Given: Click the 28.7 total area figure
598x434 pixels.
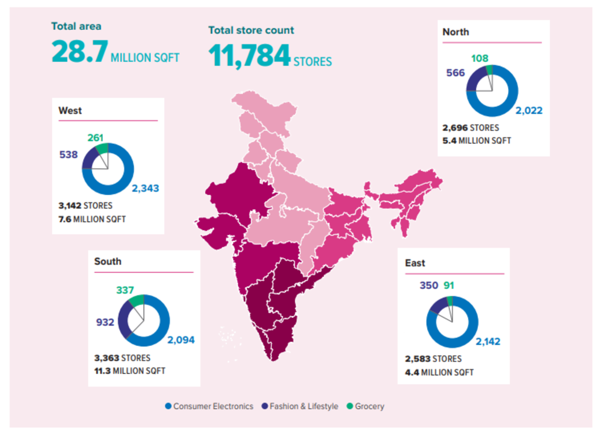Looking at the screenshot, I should pyautogui.click(x=79, y=52).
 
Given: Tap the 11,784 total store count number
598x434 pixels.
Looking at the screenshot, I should pyautogui.click(x=249, y=56).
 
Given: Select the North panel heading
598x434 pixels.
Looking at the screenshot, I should pyautogui.click(x=455, y=32).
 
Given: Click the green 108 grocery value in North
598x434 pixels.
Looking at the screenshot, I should pyautogui.click(x=479, y=58).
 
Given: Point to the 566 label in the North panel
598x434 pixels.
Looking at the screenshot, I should pyautogui.click(x=455, y=73).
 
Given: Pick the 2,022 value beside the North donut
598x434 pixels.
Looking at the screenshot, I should pyautogui.click(x=529, y=110).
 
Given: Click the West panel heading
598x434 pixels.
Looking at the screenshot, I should pyautogui.click(x=70, y=110).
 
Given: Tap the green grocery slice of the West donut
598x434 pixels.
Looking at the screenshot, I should pyautogui.click(x=102, y=148).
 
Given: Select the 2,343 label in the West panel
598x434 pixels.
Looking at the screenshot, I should pyautogui.click(x=145, y=188).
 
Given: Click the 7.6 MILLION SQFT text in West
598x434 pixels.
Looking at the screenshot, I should pyautogui.click(x=92, y=219).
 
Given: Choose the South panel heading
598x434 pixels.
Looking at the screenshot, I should pyautogui.click(x=107, y=261).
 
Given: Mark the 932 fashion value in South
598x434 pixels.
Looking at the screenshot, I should pyautogui.click(x=105, y=322).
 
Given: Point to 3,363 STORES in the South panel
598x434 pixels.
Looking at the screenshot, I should pyautogui.click(x=122, y=358).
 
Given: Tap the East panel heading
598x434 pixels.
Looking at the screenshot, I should pyautogui.click(x=415, y=263).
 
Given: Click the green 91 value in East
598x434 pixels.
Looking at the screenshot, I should pyautogui.click(x=448, y=285).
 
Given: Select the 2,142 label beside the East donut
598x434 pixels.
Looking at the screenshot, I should pyautogui.click(x=488, y=341).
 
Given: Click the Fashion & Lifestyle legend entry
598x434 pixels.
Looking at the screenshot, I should pyautogui.click(x=300, y=406).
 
